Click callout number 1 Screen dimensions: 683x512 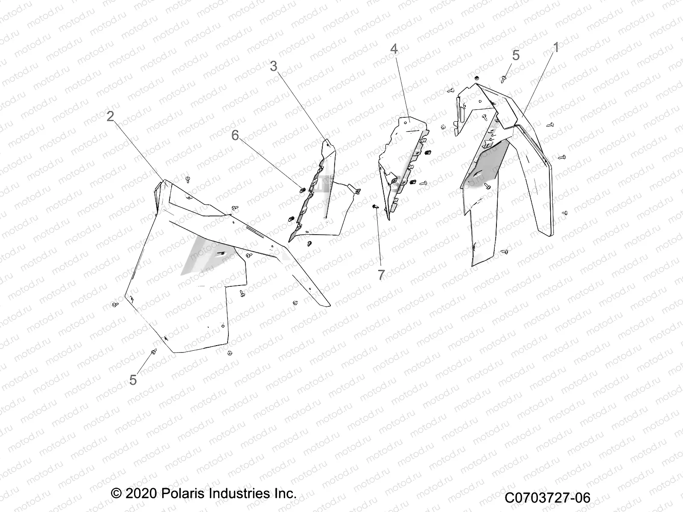pos(556,48)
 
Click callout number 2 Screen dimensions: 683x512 pos(111,116)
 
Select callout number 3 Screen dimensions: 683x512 pos(274,66)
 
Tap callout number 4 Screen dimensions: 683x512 pos(394,49)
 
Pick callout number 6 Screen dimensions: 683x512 pos(235,135)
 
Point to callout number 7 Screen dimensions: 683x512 pos(381,275)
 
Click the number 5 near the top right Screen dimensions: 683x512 pos(516,55)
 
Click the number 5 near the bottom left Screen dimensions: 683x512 pos(133,380)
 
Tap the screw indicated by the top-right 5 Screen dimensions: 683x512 pos(503,79)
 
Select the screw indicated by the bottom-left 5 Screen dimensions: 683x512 pos(154,351)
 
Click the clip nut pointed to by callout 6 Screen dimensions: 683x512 pos(301,190)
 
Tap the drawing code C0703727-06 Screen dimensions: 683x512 pos(547,497)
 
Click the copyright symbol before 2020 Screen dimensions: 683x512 pos(116,494)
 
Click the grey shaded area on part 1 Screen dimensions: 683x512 pos(485,165)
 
